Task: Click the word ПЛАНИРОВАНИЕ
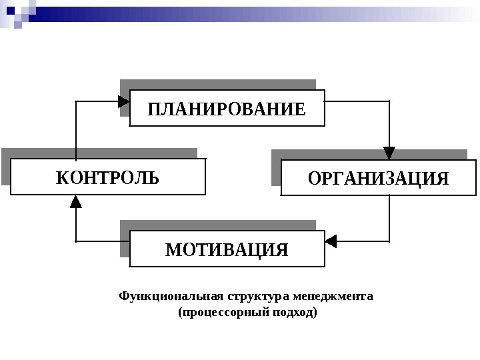(x=226, y=108)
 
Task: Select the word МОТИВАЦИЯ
(x=226, y=250)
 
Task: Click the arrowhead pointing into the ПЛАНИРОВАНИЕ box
(x=124, y=101)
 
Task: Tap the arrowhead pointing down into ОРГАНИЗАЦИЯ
(x=389, y=153)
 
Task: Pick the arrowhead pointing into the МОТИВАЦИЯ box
(x=331, y=239)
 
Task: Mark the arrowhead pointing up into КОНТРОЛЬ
(x=77, y=200)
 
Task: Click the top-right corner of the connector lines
(x=389, y=101)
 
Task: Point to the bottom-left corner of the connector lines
(x=77, y=239)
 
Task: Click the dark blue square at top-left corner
(x=11, y=10)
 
